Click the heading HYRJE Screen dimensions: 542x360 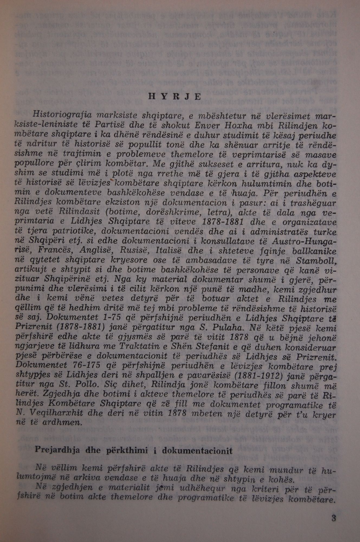point(175,97)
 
